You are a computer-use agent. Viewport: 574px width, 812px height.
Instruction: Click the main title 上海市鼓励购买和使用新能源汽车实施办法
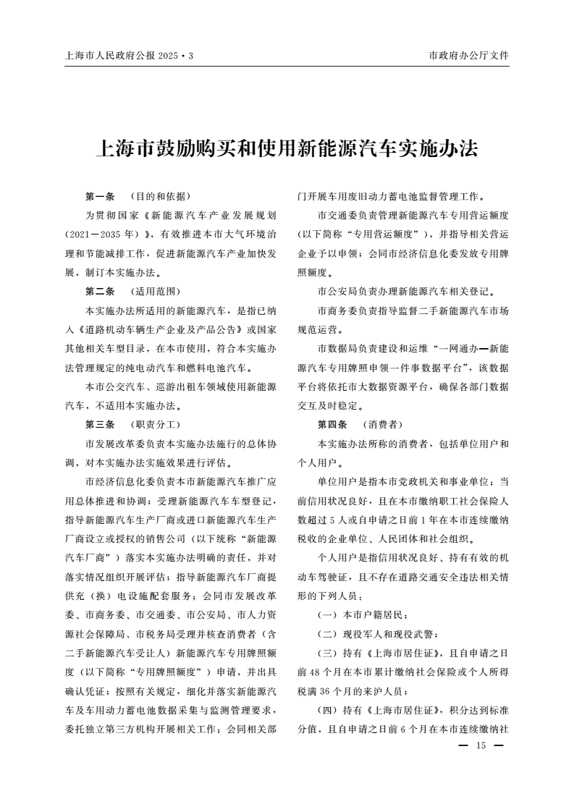coord(287,150)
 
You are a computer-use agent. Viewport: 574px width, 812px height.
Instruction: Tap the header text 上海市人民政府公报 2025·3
coord(130,56)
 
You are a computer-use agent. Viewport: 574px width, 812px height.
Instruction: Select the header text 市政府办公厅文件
coord(469,56)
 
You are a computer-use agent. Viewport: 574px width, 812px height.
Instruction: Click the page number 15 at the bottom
coord(480,746)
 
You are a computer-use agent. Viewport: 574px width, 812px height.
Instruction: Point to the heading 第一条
coord(100,196)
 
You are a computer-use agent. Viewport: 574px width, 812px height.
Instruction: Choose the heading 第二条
coord(100,292)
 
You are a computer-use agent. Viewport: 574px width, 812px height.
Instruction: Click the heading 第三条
coord(100,423)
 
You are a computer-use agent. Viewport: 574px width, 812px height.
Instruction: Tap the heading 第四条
coord(332,423)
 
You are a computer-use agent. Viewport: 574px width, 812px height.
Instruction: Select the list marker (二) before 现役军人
coord(329,634)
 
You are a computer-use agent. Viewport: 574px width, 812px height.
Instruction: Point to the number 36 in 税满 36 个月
coord(340,690)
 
